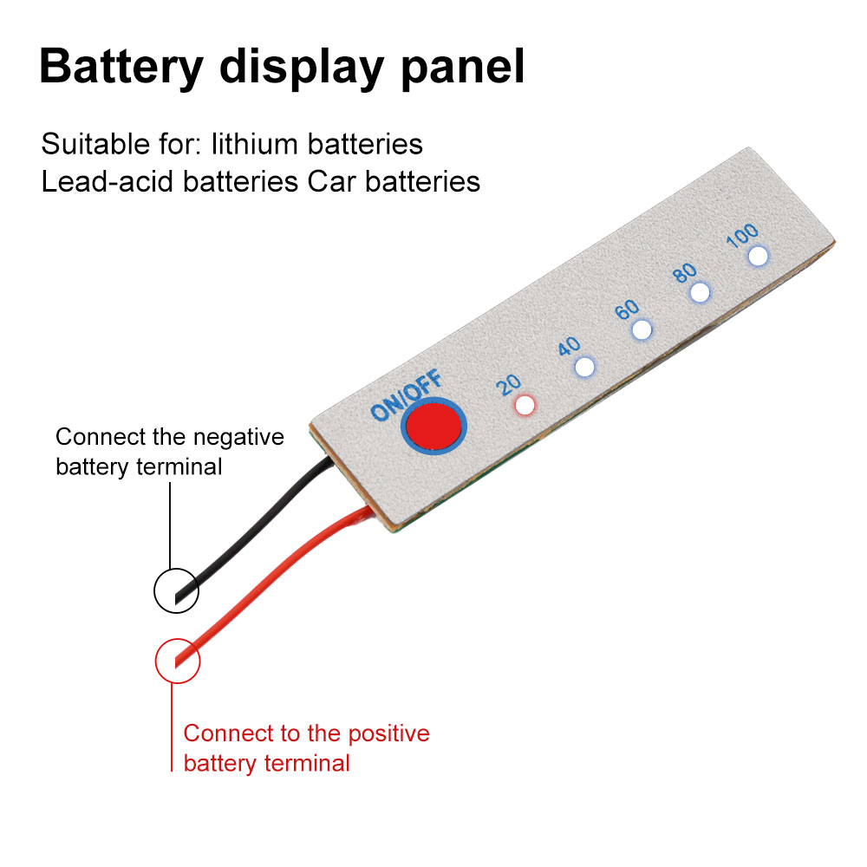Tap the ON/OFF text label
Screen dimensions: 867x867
click(x=407, y=395)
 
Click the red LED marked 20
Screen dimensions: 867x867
click(x=525, y=405)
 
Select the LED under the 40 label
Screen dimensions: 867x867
click(x=585, y=367)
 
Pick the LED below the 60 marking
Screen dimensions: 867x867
click(x=642, y=329)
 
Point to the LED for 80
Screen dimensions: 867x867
click(x=699, y=292)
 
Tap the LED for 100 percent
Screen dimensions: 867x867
click(x=759, y=256)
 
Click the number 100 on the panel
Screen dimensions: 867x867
click(x=743, y=234)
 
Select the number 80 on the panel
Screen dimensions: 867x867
click(x=685, y=272)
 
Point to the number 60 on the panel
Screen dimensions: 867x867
click(x=627, y=310)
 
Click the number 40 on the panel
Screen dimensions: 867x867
click(x=569, y=347)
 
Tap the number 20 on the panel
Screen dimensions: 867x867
click(x=509, y=384)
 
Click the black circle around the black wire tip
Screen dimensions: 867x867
click(x=176, y=591)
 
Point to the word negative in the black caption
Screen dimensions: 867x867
click(x=239, y=436)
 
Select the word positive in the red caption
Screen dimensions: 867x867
click(x=388, y=733)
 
